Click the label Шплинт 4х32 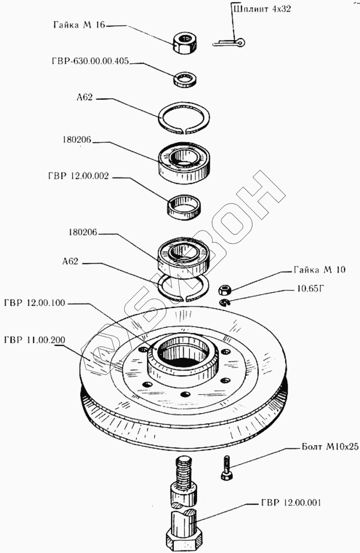click(262, 10)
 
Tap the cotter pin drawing click(229, 42)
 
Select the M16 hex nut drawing click(185, 43)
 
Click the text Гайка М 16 click(79, 25)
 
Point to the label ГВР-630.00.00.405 click(91, 61)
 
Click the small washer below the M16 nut click(185, 79)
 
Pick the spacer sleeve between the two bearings click(184, 207)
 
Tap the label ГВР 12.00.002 click(79, 176)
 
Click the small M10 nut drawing click(225, 289)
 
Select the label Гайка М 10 click(319, 269)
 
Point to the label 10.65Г click(310, 289)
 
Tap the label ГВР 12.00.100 click(35, 303)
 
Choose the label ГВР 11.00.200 click(35, 340)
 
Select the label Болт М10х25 click(330, 446)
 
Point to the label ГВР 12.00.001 click(291, 502)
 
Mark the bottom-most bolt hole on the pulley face click(186, 394)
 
